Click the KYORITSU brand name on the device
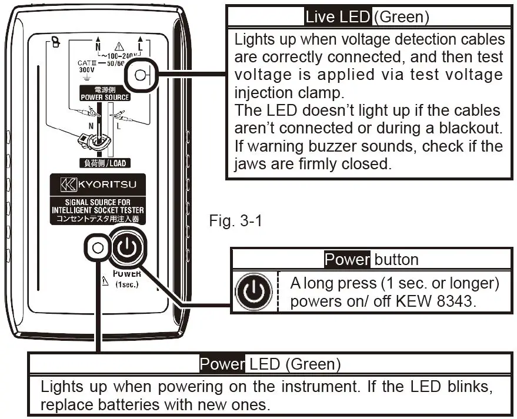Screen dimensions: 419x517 click(104, 187)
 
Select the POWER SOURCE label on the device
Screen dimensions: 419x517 click(105, 97)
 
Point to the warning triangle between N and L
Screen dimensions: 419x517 click(119, 46)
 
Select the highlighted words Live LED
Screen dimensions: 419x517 click(338, 16)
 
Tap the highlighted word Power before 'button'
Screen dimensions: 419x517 click(347, 260)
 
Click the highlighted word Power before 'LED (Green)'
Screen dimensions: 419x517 click(222, 364)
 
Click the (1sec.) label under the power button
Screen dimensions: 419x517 click(126, 284)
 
